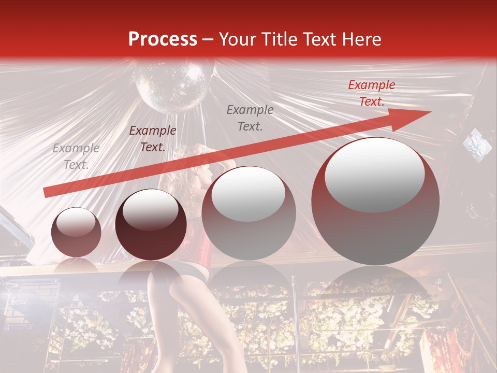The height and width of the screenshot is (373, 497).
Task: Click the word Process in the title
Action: (163, 40)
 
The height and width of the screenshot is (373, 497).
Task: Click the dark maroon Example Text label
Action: (152, 139)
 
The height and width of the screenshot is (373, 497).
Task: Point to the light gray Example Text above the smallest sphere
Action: (76, 156)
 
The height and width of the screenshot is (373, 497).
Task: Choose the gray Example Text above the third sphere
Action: (250, 118)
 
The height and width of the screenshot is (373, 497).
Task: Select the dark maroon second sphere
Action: (151, 225)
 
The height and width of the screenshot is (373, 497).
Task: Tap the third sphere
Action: (248, 213)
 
